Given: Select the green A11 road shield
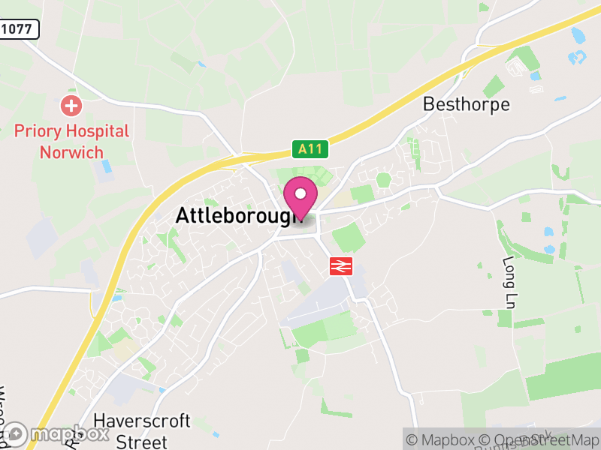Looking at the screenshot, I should tap(310, 149).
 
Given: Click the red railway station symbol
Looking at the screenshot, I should tap(341, 265).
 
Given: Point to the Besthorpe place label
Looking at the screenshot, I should tap(467, 104).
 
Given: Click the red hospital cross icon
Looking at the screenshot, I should tap(71, 105).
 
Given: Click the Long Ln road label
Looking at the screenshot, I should tap(508, 283).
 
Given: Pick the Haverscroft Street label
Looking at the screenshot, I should tap(141, 430).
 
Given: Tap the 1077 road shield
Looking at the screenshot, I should tap(18, 29).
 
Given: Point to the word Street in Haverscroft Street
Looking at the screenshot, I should tap(141, 440).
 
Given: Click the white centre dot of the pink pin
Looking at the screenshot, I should tap(300, 194).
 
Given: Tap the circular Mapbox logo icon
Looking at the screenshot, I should tap(17, 434).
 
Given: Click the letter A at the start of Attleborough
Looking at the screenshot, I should tap(182, 216).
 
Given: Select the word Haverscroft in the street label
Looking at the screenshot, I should tap(142, 421).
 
